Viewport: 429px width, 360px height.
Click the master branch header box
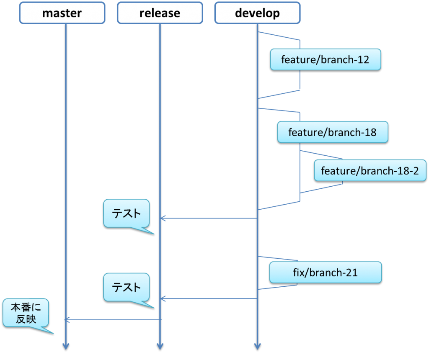click(x=62, y=13)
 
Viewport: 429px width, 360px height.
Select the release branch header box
click(x=160, y=13)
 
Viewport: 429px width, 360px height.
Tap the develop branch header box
click(x=258, y=13)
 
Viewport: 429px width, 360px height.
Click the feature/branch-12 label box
click(x=326, y=59)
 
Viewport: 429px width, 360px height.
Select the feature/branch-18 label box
click(x=333, y=132)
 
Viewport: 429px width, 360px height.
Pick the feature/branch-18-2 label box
click(x=370, y=170)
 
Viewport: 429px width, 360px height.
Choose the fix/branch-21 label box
click(x=326, y=272)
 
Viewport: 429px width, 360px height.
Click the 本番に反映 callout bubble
click(x=26, y=313)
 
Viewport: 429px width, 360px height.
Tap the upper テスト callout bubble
click(x=127, y=213)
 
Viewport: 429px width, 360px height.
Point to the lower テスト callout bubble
click(x=127, y=287)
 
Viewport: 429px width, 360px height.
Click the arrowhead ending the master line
click(x=66, y=346)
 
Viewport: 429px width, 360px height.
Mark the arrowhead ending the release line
click(x=160, y=346)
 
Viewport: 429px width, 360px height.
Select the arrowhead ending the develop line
click(x=258, y=346)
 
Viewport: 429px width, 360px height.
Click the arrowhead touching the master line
click(x=67, y=319)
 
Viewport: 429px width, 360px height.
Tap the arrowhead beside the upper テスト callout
click(x=163, y=218)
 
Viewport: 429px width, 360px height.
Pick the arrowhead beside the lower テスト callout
click(x=163, y=298)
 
